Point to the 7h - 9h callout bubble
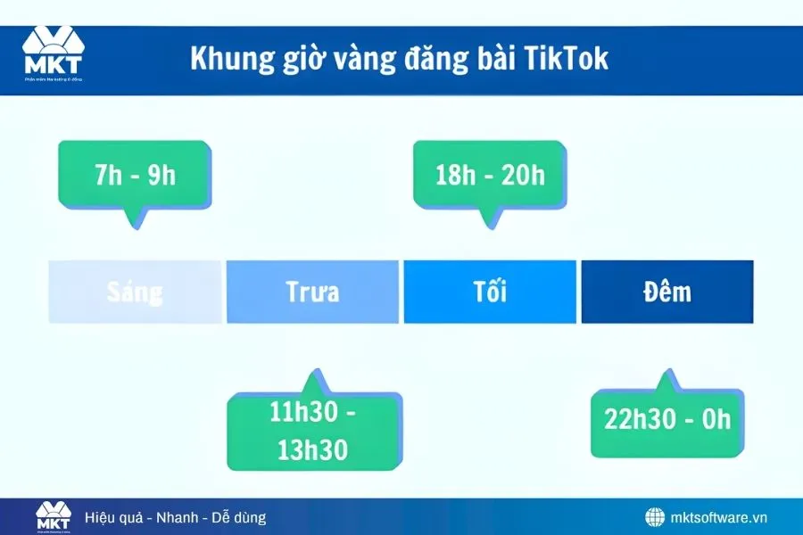[135, 174]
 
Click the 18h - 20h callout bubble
[490, 174]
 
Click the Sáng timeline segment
[135, 292]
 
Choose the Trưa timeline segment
[312, 292]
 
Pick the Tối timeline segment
[490, 292]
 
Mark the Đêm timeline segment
[667, 292]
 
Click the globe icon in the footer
[656, 517]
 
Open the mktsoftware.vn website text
[718, 517]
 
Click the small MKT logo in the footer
[53, 516]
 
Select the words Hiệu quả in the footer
[112, 517]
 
